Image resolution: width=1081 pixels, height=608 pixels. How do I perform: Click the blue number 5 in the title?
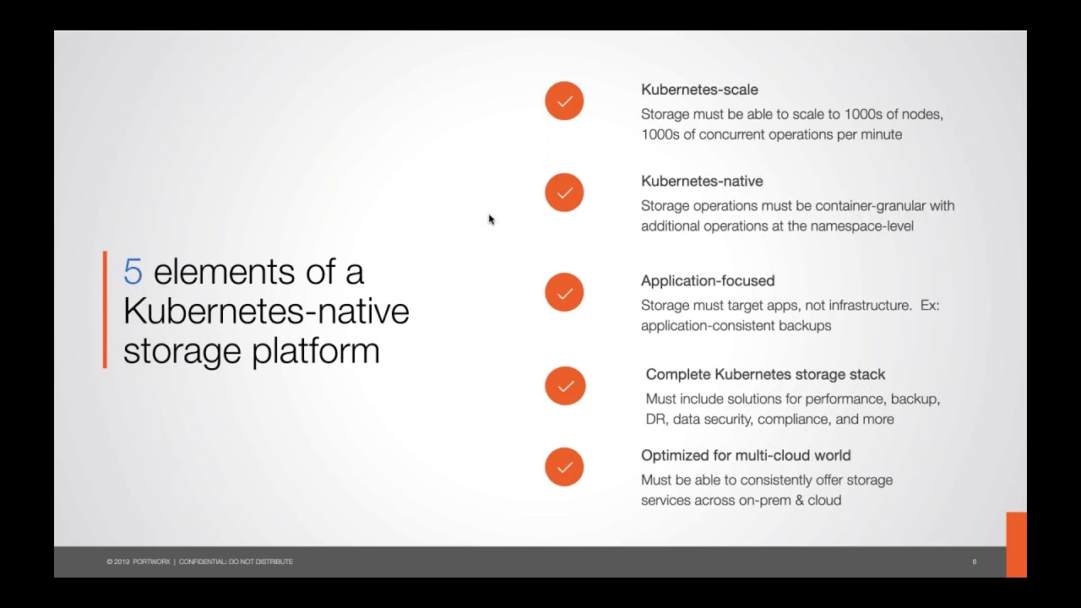point(133,271)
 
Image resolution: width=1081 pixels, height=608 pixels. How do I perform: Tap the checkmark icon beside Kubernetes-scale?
point(564,100)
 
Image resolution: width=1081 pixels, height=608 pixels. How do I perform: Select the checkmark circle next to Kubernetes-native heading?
point(564,193)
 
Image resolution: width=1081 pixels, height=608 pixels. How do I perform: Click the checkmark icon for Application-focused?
point(564,292)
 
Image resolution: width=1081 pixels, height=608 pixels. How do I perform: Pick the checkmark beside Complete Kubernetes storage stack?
point(565,386)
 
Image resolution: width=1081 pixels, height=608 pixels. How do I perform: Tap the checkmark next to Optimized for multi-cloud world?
point(564,467)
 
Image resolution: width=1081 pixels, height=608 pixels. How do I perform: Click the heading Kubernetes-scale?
point(699,90)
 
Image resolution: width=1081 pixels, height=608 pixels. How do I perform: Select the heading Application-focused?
point(708,281)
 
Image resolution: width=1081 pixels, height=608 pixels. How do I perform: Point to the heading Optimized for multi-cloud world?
point(746,455)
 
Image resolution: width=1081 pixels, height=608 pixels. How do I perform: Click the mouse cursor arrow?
point(492,220)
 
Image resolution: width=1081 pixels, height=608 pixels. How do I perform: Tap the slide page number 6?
point(975,562)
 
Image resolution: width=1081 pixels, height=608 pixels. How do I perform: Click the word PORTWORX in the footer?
point(151,562)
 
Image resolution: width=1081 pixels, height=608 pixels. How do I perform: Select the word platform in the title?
point(316,351)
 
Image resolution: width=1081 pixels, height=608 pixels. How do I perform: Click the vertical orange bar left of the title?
point(105,309)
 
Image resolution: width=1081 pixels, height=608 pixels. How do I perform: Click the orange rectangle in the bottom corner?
point(1016,545)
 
